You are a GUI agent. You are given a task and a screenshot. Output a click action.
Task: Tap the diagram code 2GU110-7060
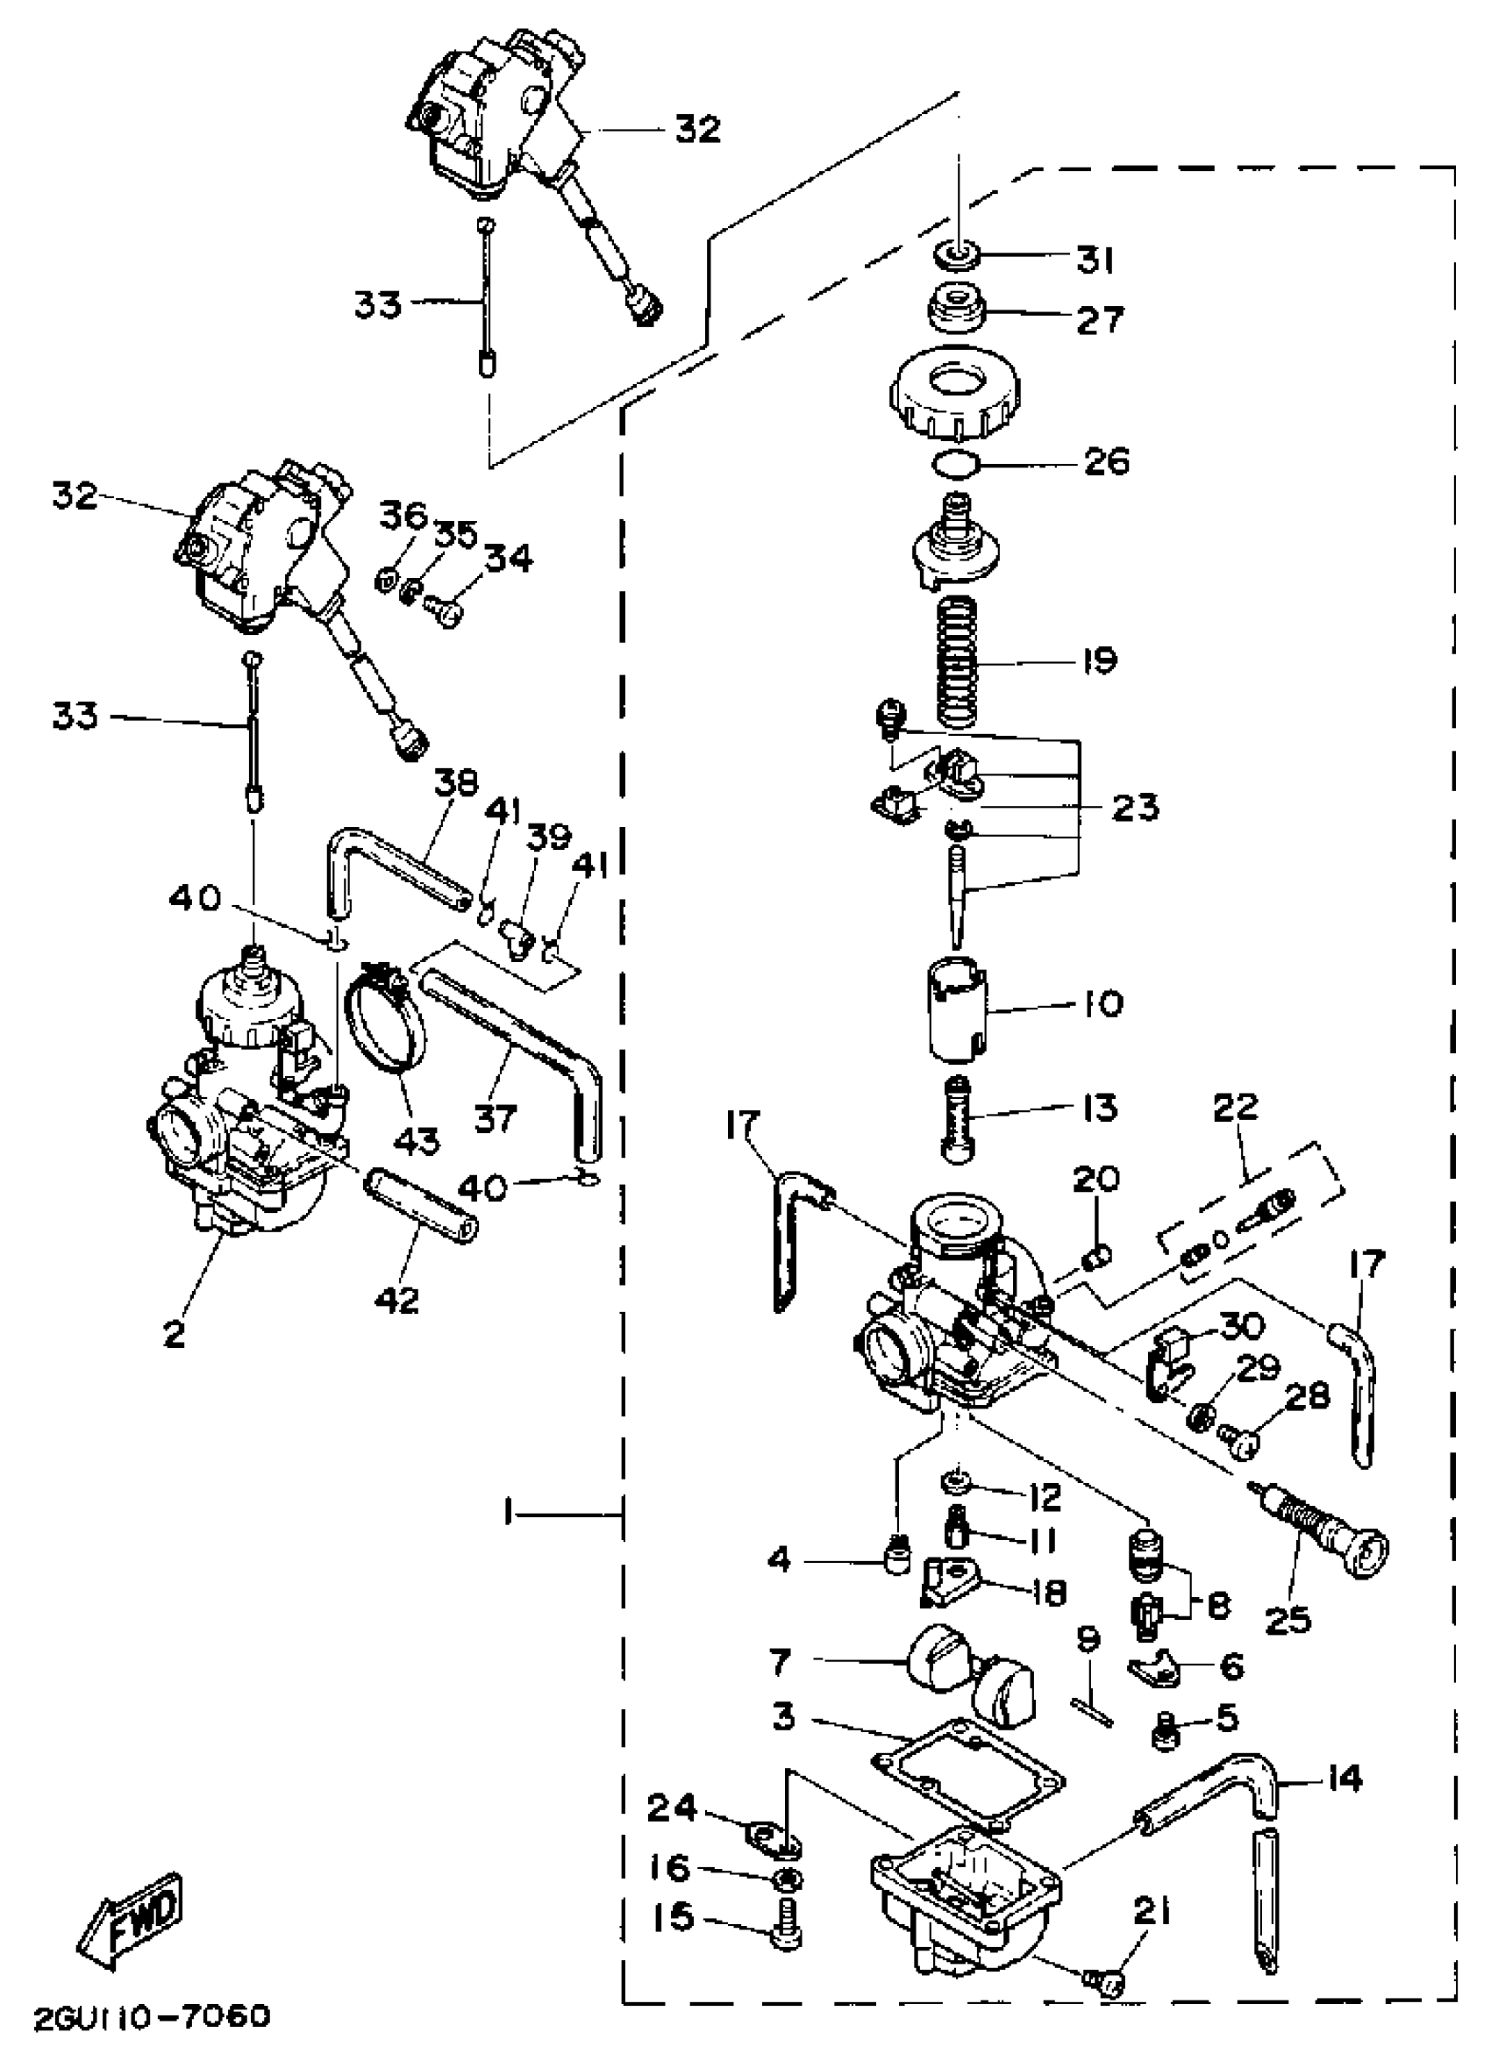click(x=152, y=2017)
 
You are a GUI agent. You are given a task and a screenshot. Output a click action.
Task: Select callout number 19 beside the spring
click(x=1101, y=660)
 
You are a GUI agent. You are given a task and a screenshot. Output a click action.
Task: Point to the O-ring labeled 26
click(x=957, y=464)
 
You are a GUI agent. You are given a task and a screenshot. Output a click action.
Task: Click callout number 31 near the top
click(x=1095, y=260)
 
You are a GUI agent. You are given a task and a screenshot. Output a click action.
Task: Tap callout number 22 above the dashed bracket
click(x=1236, y=1106)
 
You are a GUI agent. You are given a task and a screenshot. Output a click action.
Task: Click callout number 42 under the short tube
click(x=397, y=1300)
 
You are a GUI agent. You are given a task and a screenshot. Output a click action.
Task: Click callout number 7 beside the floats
click(x=780, y=1662)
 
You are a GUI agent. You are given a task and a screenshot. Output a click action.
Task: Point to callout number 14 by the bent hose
click(x=1343, y=1780)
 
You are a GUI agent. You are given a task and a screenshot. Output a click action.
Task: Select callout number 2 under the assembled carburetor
click(x=173, y=1334)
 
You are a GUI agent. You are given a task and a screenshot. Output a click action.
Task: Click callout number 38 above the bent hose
click(x=454, y=783)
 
